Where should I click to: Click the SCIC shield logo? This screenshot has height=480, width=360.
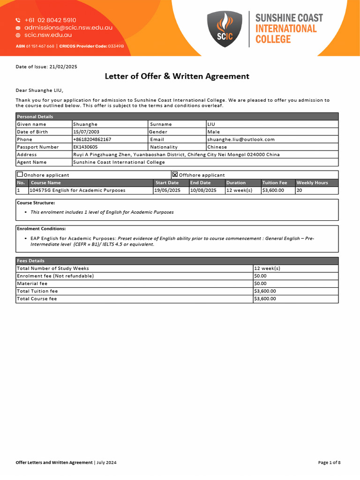225,29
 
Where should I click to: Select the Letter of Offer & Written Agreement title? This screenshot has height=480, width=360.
177,76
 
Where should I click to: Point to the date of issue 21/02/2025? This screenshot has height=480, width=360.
62,67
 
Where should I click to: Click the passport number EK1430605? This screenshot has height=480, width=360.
85,147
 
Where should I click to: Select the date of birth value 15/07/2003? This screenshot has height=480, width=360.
86,132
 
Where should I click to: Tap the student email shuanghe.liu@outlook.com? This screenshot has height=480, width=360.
241,140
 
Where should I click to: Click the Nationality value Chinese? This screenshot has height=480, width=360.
217,147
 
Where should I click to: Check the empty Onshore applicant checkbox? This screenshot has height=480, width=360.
20,174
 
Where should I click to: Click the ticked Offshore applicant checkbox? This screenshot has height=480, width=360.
175,174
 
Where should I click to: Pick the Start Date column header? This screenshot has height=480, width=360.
167,183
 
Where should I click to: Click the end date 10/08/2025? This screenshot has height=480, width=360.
203,190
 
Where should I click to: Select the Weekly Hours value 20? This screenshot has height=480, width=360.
300,190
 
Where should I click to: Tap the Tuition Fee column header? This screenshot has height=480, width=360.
275,183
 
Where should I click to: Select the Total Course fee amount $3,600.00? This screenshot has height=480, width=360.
265,299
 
